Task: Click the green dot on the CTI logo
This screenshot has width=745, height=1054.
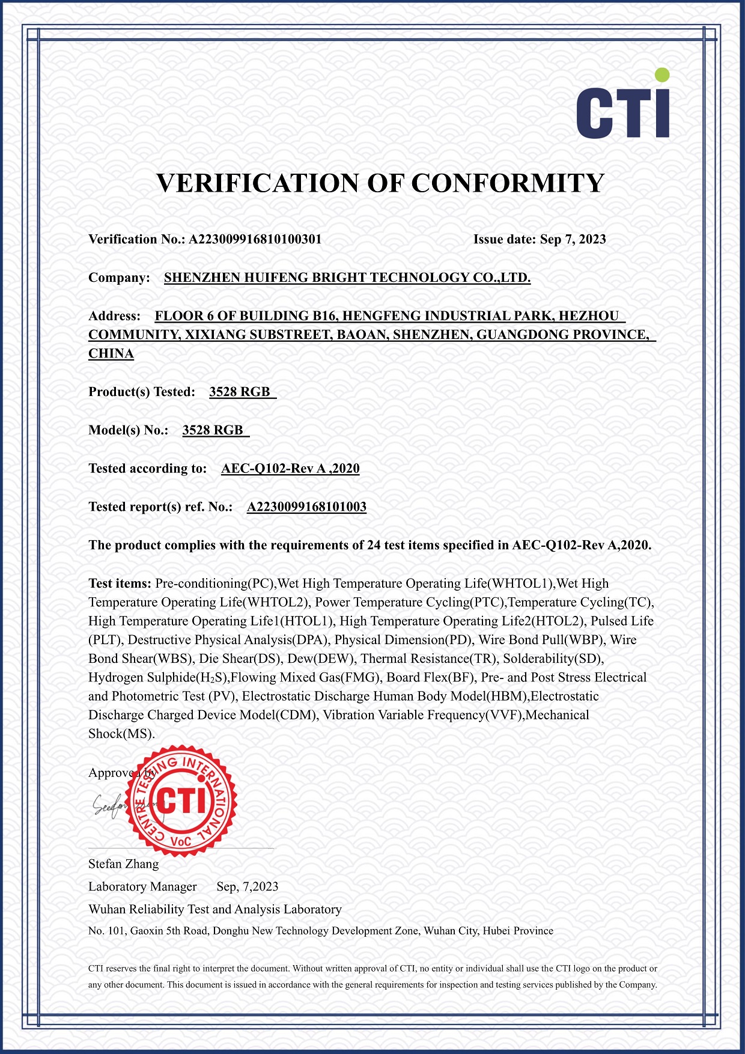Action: [x=661, y=75]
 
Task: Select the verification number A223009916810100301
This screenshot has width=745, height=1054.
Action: [x=255, y=239]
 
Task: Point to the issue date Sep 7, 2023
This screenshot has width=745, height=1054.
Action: [x=573, y=239]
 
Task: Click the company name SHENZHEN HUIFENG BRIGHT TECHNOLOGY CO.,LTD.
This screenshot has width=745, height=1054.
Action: [x=347, y=278]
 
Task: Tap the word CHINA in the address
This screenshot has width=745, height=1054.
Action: [x=111, y=353]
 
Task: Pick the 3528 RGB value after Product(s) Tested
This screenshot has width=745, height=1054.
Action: [x=240, y=392]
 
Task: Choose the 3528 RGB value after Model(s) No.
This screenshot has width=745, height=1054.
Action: [x=213, y=430]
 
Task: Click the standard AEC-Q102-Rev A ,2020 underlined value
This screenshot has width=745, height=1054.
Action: [x=290, y=469]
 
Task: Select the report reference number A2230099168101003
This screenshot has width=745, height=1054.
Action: [x=306, y=507]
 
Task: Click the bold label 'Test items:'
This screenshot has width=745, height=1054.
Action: [x=120, y=583]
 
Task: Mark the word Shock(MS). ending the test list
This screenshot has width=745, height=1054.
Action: [x=121, y=734]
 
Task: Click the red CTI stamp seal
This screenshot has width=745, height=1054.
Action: [x=183, y=801]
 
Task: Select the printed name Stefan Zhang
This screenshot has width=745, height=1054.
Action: [x=124, y=864]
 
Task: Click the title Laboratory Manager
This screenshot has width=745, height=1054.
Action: [x=142, y=887]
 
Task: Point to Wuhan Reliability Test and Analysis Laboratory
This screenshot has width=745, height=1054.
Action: [x=215, y=909]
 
